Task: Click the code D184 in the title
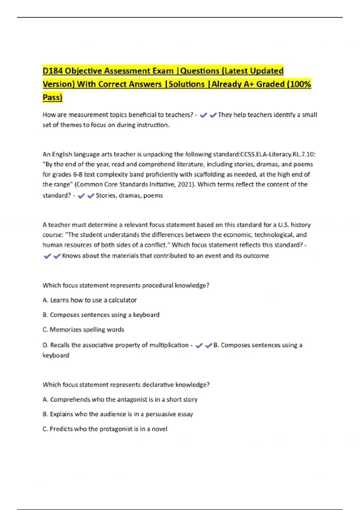click(x=52, y=71)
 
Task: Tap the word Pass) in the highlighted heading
click(x=52, y=97)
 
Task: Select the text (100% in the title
click(x=298, y=84)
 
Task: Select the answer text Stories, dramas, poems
click(x=129, y=196)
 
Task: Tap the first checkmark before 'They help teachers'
click(x=203, y=115)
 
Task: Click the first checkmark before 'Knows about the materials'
click(x=47, y=256)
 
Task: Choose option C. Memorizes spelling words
click(x=83, y=330)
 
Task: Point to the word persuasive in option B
click(x=161, y=414)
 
